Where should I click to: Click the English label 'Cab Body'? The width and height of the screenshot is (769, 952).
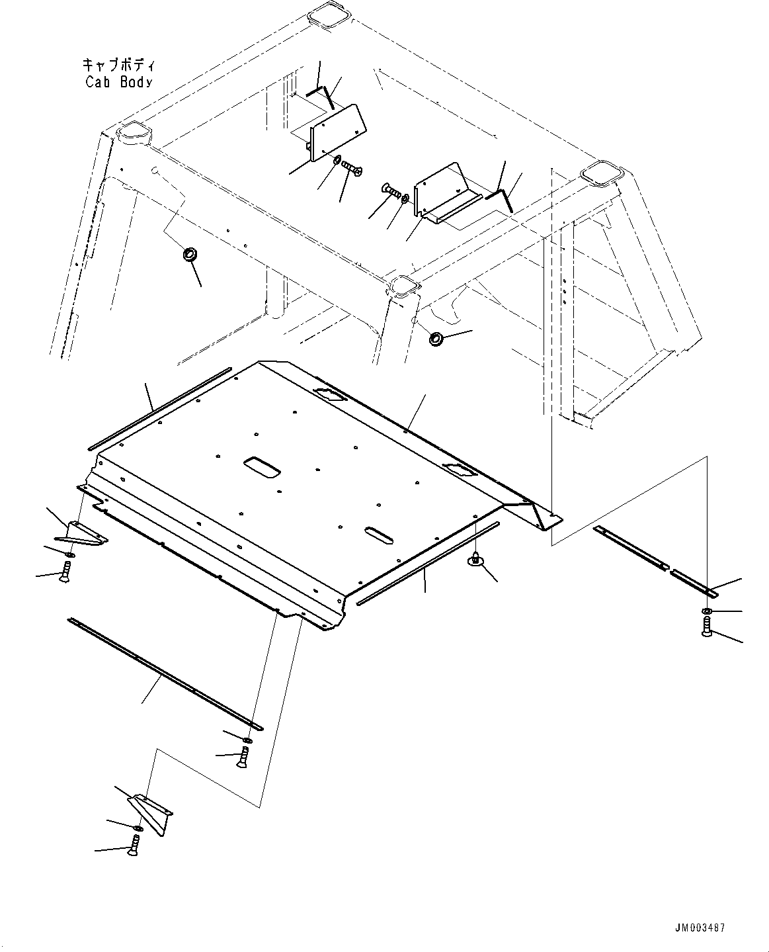(119, 82)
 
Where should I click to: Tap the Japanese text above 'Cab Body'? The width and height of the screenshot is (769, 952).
(119, 65)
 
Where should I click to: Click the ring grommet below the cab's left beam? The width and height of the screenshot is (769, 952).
(190, 254)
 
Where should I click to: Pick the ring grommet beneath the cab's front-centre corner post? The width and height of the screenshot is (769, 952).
(436, 339)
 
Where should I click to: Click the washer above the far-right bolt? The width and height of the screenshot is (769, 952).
(707, 610)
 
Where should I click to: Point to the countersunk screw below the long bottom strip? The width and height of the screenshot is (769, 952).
(243, 756)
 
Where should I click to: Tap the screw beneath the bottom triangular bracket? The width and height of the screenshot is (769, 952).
(135, 844)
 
